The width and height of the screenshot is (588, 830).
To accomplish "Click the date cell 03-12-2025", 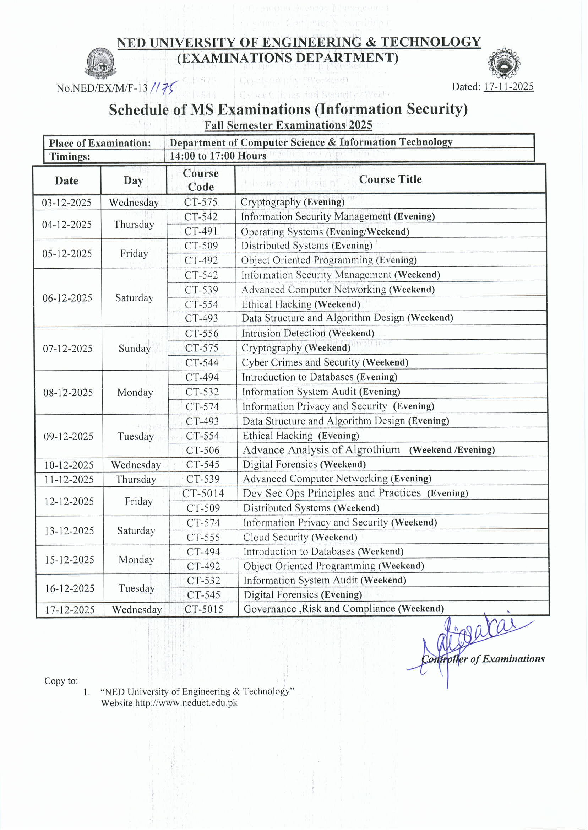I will point(67,203).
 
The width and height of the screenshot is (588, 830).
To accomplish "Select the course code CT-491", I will point(201,231).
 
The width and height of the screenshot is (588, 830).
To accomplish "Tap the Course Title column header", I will point(390,179).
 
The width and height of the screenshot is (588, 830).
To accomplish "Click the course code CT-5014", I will point(203,494).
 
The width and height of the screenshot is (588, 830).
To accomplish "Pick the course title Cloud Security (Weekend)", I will point(300,537).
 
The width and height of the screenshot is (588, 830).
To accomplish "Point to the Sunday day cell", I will point(134,349).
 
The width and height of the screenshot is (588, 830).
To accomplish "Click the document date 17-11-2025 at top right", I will point(508,87).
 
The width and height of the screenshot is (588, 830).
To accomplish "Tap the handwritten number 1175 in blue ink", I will point(163,87).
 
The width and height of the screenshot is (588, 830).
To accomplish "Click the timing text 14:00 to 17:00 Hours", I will point(218,156).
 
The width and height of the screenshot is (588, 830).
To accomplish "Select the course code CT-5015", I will point(203,609).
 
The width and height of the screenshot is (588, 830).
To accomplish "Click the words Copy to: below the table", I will point(61,681).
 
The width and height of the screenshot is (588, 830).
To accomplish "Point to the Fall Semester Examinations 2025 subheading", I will point(288,125).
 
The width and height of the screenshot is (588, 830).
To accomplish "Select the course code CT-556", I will point(202,334).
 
